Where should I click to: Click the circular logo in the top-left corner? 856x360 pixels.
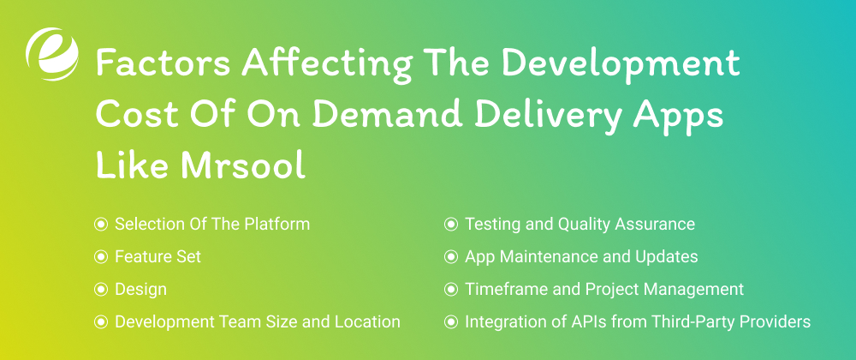point(51,54)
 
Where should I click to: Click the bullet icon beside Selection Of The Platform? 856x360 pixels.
point(101,225)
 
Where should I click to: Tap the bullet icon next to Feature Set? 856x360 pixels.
point(101,257)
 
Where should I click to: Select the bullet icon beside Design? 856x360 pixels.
point(101,290)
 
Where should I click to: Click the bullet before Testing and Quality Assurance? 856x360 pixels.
point(450,225)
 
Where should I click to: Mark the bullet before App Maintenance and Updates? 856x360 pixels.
point(450,257)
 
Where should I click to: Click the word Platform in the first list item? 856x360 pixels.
point(279,225)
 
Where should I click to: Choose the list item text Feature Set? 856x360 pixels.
point(158,257)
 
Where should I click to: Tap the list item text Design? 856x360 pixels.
point(140,290)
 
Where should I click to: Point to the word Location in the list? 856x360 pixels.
point(369,322)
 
